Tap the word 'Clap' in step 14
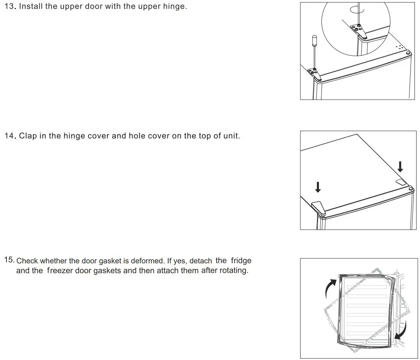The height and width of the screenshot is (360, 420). click(28, 136)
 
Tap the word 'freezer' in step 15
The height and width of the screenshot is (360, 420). click(60, 271)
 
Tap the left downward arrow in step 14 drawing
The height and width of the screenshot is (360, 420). click(318, 186)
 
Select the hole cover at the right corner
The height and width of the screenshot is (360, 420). click(401, 182)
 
